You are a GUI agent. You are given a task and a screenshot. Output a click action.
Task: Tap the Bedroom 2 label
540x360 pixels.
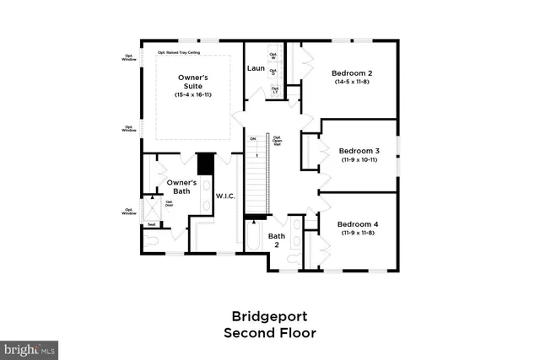click(x=354, y=73)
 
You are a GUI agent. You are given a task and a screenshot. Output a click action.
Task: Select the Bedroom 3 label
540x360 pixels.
click(x=358, y=150)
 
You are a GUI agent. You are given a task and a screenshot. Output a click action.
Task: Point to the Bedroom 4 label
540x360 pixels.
click(x=358, y=224)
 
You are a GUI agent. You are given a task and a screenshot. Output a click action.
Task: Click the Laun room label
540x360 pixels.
click(x=256, y=67)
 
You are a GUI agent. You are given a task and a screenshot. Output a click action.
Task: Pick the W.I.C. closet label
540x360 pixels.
click(x=224, y=196)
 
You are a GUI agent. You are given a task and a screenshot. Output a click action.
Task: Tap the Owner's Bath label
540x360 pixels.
click(x=181, y=187)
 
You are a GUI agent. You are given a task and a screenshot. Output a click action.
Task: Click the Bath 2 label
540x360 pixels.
click(x=277, y=241)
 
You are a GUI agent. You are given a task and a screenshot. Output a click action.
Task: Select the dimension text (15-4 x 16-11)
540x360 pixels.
click(x=192, y=95)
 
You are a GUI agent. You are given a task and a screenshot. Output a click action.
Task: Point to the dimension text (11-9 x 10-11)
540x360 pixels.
click(x=358, y=159)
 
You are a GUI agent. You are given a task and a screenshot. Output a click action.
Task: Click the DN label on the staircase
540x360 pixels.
click(x=253, y=138)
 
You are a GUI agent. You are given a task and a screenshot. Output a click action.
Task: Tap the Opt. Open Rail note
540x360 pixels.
click(x=276, y=139)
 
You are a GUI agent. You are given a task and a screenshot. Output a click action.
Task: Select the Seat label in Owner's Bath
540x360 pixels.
click(x=151, y=225)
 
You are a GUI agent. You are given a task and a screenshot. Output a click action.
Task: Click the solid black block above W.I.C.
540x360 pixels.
click(x=205, y=163)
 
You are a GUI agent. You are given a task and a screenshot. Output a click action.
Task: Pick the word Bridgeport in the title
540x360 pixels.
click(x=269, y=316)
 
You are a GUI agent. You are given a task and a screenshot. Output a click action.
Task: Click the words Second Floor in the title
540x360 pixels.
click(x=269, y=333)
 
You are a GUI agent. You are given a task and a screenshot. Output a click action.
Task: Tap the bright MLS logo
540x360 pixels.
click(x=30, y=347)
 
